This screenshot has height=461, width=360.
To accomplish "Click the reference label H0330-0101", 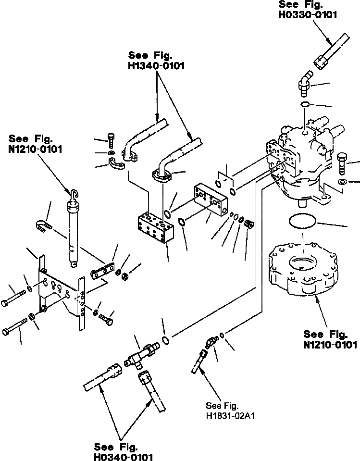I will click(x=307, y=14).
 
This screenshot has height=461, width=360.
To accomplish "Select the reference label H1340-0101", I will click(x=156, y=66).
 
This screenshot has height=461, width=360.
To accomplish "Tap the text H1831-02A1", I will click(x=229, y=415).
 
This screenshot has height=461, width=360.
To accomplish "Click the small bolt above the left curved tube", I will click(x=112, y=140).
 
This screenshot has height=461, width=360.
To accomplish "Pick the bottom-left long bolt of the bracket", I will click(x=14, y=331).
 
